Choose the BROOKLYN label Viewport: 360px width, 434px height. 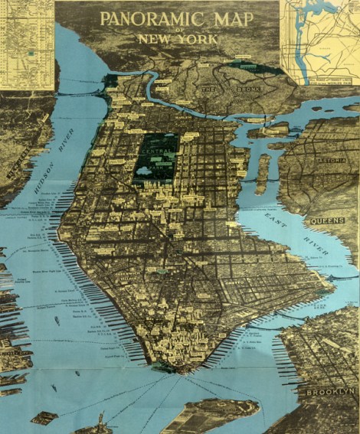[331, 390]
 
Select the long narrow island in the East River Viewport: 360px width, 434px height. [264, 172]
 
